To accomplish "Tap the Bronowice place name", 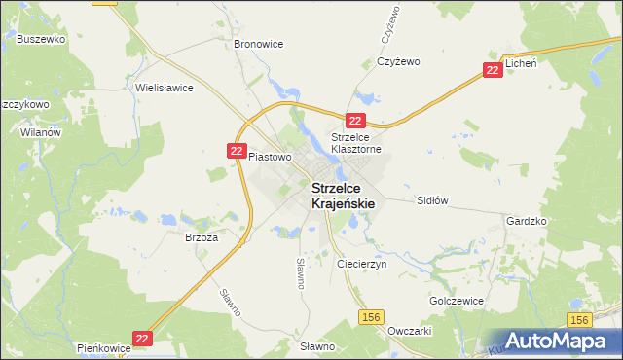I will tap(258, 45).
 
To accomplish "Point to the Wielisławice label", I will tap(165, 88).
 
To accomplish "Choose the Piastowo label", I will tap(270, 156).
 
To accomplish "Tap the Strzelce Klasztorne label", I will tap(358, 143).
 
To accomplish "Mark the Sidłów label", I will tap(431, 200).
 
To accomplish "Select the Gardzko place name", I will tap(527, 221).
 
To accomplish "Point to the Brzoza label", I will tap(201, 236).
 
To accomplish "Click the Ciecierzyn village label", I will tap(362, 264).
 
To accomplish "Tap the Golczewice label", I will tap(457, 301).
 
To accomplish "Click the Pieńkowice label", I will tap(102, 347).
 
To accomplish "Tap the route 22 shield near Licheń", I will tap(494, 70).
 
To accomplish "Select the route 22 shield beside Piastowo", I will tap(238, 151).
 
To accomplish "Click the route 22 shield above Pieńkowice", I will tap(143, 338).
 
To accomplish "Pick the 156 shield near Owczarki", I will tap(370, 317).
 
